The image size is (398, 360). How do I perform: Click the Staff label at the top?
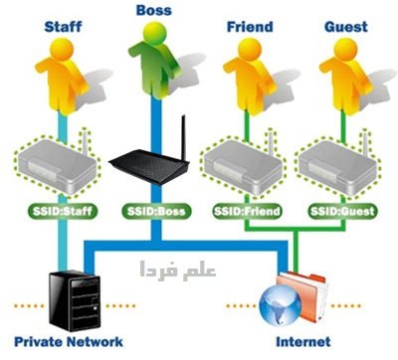(x=63, y=27)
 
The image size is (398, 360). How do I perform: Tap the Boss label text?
(x=154, y=10)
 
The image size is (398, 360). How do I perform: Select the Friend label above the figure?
(x=250, y=27)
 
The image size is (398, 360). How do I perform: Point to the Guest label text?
(x=346, y=27)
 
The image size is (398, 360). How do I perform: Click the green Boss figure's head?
(x=156, y=33)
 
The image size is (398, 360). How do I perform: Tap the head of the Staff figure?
(x=62, y=49)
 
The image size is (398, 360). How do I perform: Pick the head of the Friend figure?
(x=250, y=49)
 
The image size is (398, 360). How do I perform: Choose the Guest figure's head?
(x=345, y=49)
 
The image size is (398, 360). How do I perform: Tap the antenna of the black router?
(x=183, y=136)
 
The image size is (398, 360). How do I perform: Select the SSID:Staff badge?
(x=63, y=211)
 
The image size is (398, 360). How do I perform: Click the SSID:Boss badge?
(x=156, y=211)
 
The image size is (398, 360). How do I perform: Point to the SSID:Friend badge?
(x=247, y=211)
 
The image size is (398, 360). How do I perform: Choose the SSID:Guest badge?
(x=342, y=211)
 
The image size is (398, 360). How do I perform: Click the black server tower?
(x=75, y=300)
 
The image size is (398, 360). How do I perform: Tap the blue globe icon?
(x=281, y=304)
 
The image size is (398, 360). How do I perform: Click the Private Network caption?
(x=69, y=342)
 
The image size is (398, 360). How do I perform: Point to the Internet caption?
(x=303, y=342)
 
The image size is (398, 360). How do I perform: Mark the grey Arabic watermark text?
(x=178, y=270)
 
